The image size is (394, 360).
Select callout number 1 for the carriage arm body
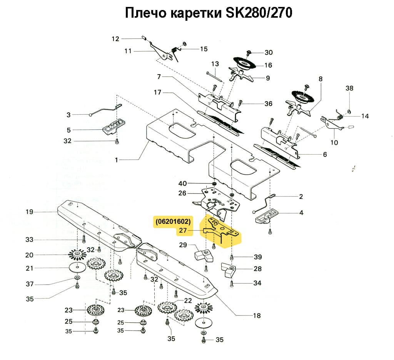click(116, 160)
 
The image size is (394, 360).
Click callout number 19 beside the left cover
click(30, 212)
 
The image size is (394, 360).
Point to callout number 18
click(257, 316)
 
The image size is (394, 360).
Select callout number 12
click(116, 38)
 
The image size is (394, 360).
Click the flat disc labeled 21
click(77, 268)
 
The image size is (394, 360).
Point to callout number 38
click(349, 88)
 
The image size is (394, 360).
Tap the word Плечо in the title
click(145, 13)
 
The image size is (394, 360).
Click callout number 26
click(182, 193)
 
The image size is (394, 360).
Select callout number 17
click(157, 93)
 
